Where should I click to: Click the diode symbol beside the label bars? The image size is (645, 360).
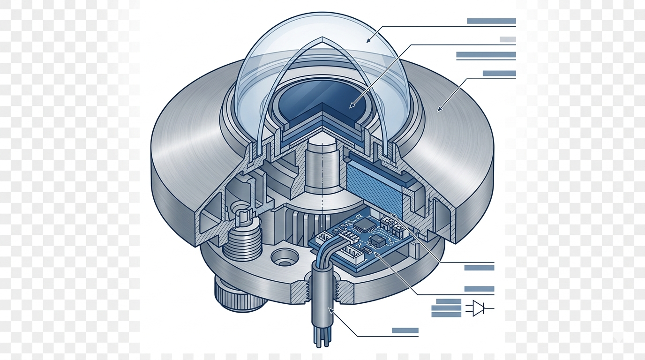(478, 308)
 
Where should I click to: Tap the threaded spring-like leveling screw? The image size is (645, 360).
(242, 240)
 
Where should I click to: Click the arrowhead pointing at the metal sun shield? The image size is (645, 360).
(439, 110)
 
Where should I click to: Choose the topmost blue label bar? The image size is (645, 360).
(491, 21)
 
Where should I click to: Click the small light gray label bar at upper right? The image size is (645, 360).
(508, 39)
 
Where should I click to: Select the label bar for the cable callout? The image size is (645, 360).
(405, 330)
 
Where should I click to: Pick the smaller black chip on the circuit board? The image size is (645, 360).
(376, 241)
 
